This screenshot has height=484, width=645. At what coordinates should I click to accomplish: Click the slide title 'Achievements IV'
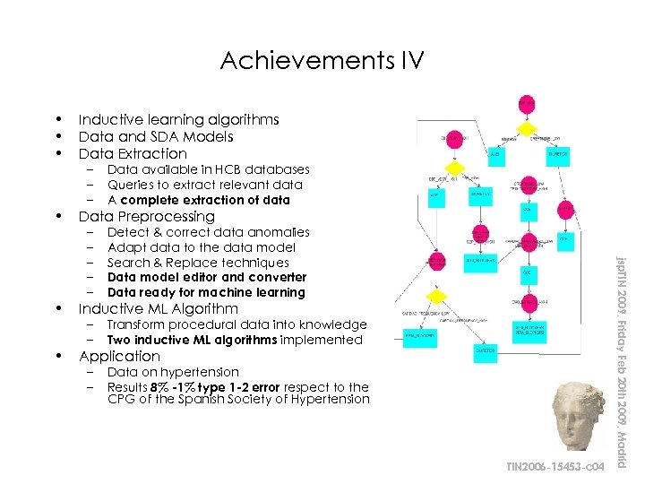(x=322, y=61)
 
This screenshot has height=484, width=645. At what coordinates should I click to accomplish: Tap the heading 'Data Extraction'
(x=133, y=154)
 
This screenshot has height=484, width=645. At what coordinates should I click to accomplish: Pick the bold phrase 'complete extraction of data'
(x=205, y=200)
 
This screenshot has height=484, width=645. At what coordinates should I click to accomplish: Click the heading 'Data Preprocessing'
(x=146, y=217)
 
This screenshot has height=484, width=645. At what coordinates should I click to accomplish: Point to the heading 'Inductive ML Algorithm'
(x=158, y=309)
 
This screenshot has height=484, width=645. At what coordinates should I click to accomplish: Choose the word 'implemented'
(x=322, y=340)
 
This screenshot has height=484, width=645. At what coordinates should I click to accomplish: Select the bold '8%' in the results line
(x=161, y=387)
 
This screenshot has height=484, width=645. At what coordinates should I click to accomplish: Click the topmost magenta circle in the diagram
(x=526, y=104)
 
